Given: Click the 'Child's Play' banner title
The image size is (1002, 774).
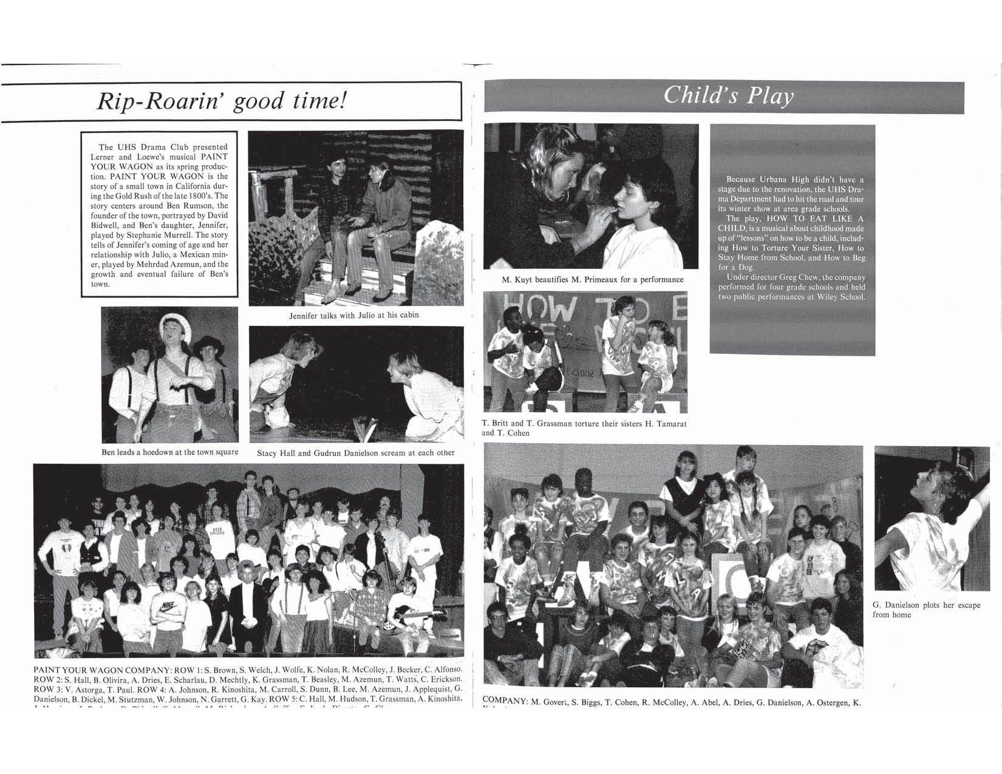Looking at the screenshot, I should pyautogui.click(x=728, y=97).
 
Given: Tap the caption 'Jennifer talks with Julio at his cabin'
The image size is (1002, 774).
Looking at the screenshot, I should pyautogui.click(x=353, y=315).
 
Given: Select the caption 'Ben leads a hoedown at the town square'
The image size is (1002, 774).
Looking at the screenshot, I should pyautogui.click(x=169, y=452).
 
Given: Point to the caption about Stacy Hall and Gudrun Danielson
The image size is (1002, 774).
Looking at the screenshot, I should pyautogui.click(x=355, y=452).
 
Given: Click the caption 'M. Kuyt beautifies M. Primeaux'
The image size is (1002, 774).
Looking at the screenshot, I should pyautogui.click(x=592, y=280).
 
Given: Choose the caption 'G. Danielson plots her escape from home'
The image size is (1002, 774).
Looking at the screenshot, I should pyautogui.click(x=925, y=609).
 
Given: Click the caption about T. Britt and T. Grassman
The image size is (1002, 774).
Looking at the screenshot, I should pyautogui.click(x=584, y=428).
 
